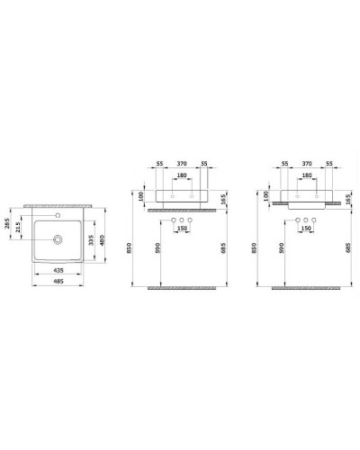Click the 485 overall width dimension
click(x=60, y=281)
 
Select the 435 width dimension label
click(x=60, y=268)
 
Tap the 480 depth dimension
click(x=103, y=240)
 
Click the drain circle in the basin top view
click(x=58, y=239)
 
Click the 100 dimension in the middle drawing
click(x=142, y=194)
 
